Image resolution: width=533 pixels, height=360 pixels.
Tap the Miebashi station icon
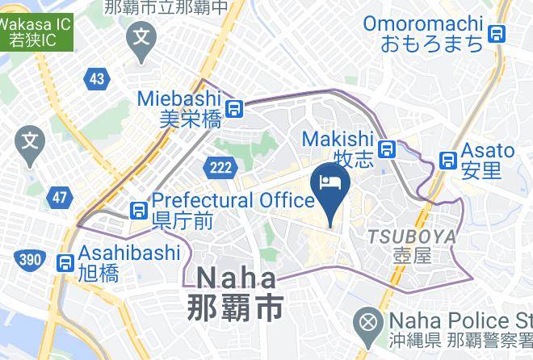[x=235, y=108]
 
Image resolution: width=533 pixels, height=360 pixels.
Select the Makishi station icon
[x=388, y=149]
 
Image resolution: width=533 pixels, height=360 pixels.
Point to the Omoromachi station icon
[x=498, y=33]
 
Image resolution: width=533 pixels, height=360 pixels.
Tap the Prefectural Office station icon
[x=139, y=210]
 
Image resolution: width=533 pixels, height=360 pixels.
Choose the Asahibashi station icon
[x=65, y=262]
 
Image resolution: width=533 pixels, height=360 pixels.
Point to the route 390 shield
[x=29, y=258]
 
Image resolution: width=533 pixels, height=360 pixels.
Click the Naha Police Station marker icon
[x=369, y=324]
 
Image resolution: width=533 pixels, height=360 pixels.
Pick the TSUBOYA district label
[x=411, y=237]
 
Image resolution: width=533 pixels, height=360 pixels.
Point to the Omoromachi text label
[x=423, y=24]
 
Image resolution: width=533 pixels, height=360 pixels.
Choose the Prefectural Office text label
[x=233, y=199]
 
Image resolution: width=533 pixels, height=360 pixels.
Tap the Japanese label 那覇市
[x=236, y=308]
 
